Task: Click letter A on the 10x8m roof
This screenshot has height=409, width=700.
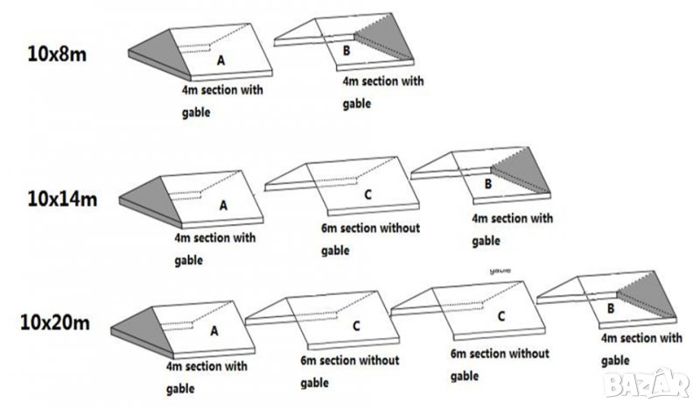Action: pos(220,62)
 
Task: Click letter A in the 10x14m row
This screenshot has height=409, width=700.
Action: pos(223,205)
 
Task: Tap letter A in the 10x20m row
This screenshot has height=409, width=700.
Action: pos(214,332)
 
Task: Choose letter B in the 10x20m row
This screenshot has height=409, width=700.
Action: pos(610,308)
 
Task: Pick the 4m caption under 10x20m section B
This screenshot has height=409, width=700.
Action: pos(641,349)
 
